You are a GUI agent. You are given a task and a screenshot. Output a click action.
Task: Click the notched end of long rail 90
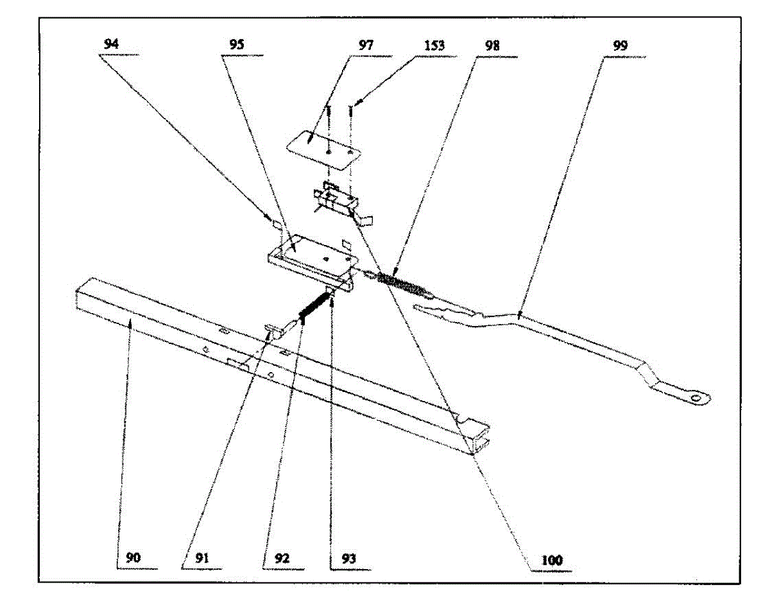(x=475, y=436)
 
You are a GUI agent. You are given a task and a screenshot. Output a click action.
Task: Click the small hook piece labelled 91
(x=275, y=330)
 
